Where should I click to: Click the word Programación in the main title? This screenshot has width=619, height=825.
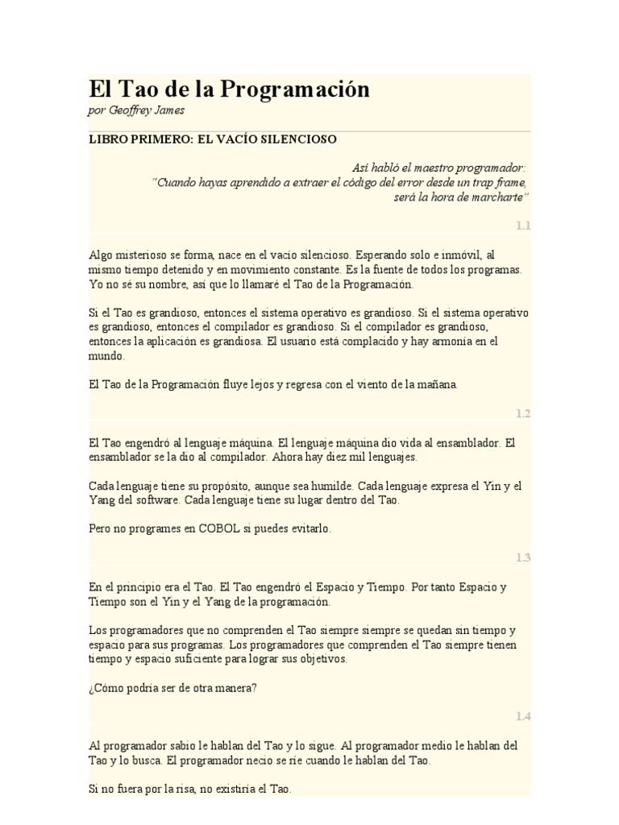point(293,89)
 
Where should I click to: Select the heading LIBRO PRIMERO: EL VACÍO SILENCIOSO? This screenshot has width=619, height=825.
point(212,139)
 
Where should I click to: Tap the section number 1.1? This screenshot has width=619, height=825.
point(523,226)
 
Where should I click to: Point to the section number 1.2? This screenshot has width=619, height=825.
point(523,413)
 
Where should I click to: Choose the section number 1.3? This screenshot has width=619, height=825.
point(523,558)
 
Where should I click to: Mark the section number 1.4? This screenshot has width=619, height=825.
point(523,716)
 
